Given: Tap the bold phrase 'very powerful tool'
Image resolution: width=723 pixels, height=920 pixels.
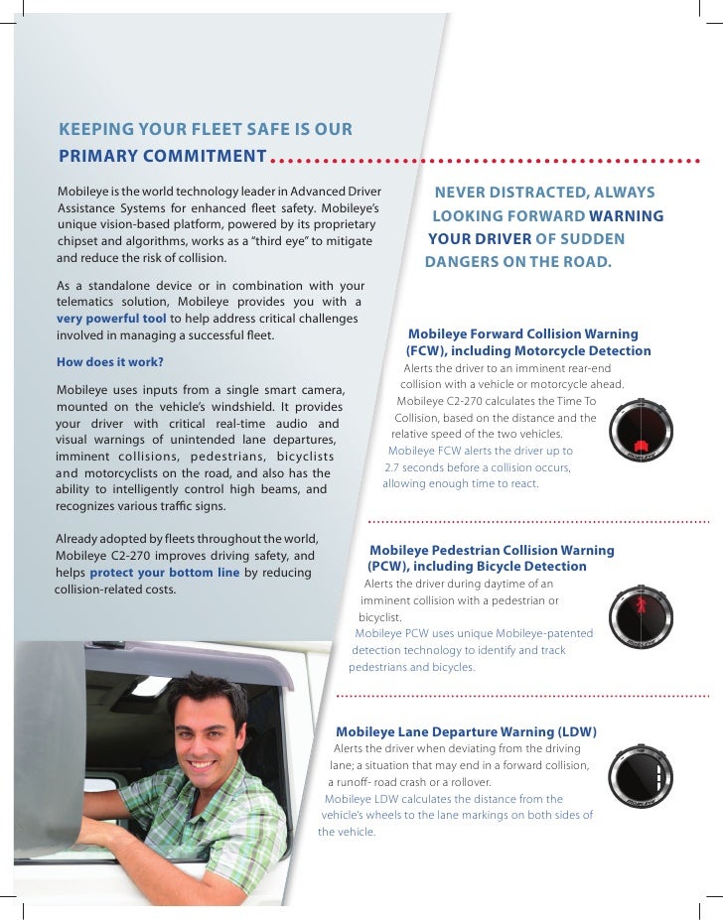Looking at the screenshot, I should click(111, 319).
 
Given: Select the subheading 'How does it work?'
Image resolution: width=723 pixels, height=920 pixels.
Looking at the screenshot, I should click(110, 361).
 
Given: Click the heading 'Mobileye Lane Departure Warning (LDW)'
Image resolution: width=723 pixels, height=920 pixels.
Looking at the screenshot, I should click(466, 732).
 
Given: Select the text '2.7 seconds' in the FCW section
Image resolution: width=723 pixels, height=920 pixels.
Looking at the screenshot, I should click(418, 466).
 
